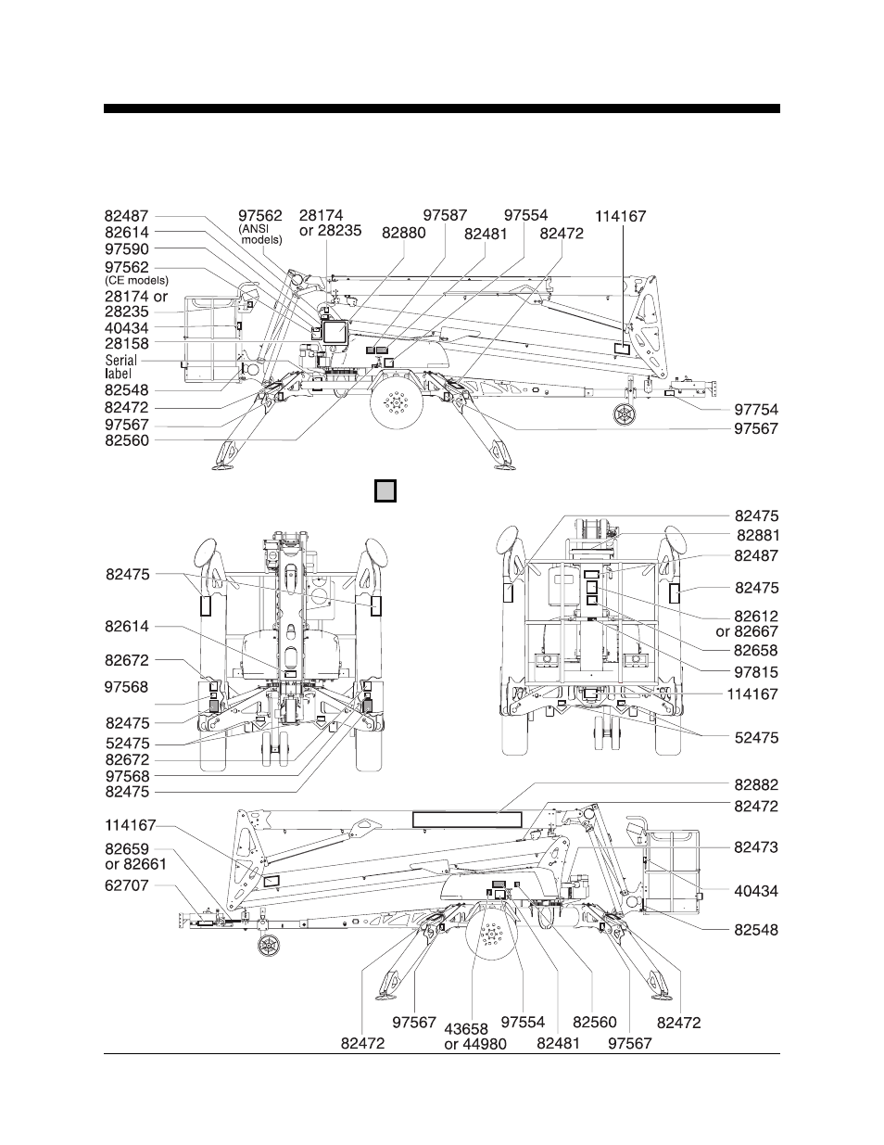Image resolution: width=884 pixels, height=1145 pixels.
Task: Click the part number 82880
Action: [403, 234]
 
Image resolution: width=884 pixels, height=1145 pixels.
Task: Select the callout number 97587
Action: [445, 216]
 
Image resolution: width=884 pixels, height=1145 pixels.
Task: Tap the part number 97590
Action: [126, 249]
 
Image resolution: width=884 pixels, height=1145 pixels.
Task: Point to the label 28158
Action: [126, 343]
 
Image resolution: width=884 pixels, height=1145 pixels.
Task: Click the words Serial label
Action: [120, 366]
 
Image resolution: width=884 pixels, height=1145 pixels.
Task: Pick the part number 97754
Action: [756, 410]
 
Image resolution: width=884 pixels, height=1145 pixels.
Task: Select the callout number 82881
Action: [757, 535]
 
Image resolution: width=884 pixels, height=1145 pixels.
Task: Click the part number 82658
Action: [756, 651]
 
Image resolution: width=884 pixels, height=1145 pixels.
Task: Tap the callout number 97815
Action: [756, 672]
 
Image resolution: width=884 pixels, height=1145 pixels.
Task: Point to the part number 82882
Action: [756, 785]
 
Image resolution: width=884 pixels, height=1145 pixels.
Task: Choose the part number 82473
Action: [756, 847]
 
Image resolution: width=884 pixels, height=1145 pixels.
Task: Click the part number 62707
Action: [126, 885]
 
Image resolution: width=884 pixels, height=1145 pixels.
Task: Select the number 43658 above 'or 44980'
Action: [466, 1029]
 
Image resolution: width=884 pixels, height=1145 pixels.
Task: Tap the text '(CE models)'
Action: [137, 281]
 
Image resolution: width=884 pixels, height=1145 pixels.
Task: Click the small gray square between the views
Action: [385, 490]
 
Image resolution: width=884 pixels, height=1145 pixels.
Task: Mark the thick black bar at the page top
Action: [441, 108]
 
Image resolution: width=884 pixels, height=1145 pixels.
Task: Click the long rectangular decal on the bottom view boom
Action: [467, 819]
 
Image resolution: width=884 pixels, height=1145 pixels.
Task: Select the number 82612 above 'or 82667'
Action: [756, 616]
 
